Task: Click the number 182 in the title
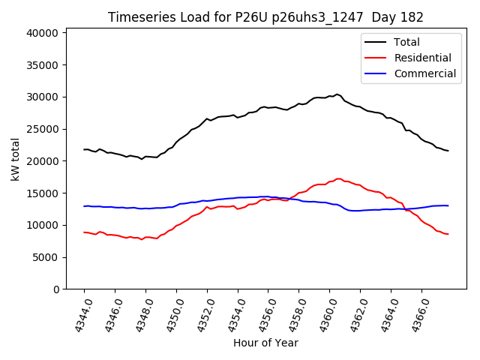tap(412, 17)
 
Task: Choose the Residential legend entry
tap(422, 58)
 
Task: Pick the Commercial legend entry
tap(424, 73)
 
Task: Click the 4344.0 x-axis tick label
tap(79, 314)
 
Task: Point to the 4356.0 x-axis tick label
tap(263, 314)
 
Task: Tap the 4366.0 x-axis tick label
tap(416, 314)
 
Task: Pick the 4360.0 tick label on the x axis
tap(324, 314)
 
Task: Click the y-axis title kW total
tap(15, 159)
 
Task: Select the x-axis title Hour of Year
tap(265, 343)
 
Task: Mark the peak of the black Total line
tap(337, 94)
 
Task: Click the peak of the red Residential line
tap(339, 178)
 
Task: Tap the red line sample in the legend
tap(376, 58)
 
